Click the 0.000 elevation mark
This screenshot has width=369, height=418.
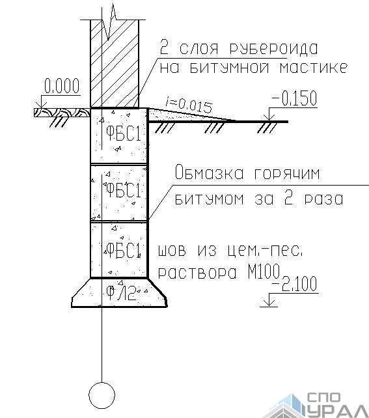tap(62, 86)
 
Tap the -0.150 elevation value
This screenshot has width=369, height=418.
tap(294, 98)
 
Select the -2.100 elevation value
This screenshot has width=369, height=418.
tap(294, 283)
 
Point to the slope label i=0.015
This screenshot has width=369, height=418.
tap(189, 104)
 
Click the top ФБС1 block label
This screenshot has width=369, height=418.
tap(124, 133)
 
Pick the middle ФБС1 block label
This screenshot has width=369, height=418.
tap(124, 190)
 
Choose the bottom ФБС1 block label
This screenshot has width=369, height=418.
tap(124, 250)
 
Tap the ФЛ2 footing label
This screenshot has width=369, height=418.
tap(121, 293)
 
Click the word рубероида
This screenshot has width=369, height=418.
tap(273, 48)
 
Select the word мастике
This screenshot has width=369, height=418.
tap(314, 68)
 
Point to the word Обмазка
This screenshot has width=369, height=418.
tap(209, 172)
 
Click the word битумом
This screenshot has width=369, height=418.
tap(209, 199)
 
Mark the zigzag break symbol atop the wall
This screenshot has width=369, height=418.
tap(109, 23)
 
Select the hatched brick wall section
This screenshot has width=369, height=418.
tap(115, 63)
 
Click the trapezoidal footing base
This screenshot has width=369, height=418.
tap(119, 292)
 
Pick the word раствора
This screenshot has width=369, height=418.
tap(197, 272)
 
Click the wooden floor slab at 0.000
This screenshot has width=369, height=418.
tap(62, 112)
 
